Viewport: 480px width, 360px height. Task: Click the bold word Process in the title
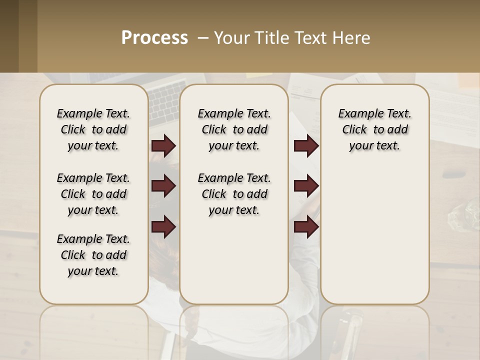coord(154,38)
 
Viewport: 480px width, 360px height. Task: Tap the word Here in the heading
coord(353,38)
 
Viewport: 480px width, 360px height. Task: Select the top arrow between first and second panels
coord(163,146)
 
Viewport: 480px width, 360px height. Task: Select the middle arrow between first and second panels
coord(163,186)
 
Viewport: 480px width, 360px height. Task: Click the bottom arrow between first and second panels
coord(163,227)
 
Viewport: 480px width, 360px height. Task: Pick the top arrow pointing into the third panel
coord(306,146)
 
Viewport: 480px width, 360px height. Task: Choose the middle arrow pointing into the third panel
coord(306,186)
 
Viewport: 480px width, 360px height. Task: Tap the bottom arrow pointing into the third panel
coord(306,227)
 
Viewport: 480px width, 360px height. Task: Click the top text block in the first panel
coord(93,129)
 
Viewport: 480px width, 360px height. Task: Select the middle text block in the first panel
coord(93,194)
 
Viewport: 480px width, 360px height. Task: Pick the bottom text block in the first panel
coord(93,255)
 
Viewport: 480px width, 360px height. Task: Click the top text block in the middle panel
coord(234,129)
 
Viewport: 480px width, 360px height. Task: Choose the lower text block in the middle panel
coord(234,194)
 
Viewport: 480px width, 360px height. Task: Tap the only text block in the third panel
coord(374,129)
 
